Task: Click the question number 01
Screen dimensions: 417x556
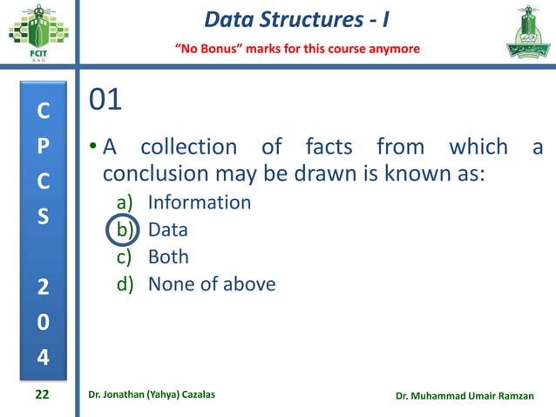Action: pos(105,100)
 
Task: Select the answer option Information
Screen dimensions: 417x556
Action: pos(199,202)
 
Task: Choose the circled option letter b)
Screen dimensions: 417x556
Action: pos(124,230)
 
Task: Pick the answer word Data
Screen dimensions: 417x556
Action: pos(167,230)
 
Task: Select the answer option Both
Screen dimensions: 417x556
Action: pos(168,257)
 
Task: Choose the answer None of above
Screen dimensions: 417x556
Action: pos(212,284)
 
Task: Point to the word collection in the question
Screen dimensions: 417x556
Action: pos(187,146)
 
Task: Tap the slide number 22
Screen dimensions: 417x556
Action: pos(42,396)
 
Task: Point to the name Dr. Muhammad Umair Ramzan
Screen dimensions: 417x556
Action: pos(469,397)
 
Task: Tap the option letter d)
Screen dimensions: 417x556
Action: pos(125,284)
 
